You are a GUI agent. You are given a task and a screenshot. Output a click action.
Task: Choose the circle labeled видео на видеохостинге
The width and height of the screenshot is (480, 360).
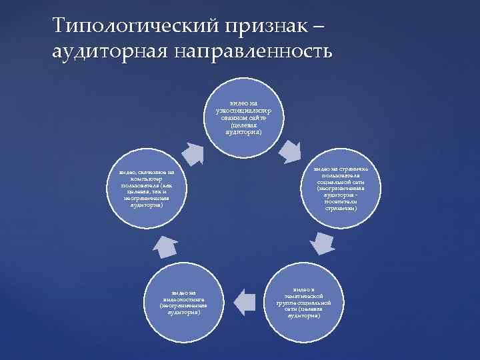point(188,301)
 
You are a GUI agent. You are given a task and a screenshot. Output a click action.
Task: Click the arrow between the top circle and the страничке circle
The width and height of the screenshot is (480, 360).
point(292,152)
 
